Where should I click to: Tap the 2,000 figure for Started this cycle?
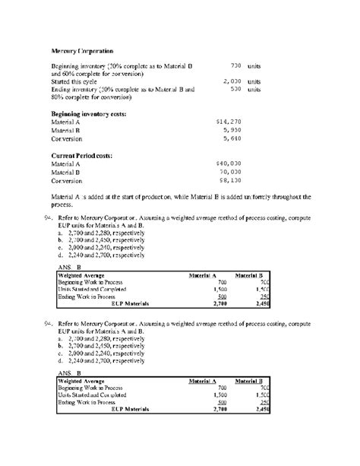point(232,81)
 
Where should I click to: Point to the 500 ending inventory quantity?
point(235,88)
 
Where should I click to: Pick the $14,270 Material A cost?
point(228,121)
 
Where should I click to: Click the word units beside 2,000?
point(254,81)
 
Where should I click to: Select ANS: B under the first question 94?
point(69,267)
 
